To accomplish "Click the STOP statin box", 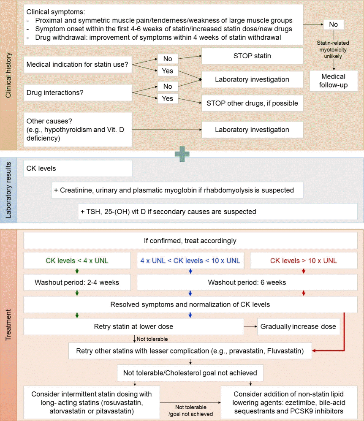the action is (253, 56).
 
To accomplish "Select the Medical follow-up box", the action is (334, 81).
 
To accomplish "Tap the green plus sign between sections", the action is (182, 154).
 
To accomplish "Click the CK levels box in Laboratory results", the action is (78, 168).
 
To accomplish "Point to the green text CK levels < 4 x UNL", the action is (77, 261).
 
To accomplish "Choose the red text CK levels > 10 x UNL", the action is (304, 261).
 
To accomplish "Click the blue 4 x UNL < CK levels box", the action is (190, 261).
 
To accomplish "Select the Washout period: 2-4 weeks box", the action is (77, 282).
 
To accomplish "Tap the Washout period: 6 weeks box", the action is (247, 282).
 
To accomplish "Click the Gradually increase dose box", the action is (299, 326).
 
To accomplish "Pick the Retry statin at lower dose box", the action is (134, 326).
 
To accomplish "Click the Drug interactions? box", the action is (78, 92).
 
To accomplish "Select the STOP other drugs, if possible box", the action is (253, 103).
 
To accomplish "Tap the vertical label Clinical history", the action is (8, 75).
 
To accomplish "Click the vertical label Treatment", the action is (8, 325).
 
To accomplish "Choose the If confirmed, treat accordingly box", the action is (190, 241).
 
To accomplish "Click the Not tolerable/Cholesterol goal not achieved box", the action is (190, 373).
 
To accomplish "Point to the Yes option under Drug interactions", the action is (168, 98).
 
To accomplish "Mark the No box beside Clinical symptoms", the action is (334, 24).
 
